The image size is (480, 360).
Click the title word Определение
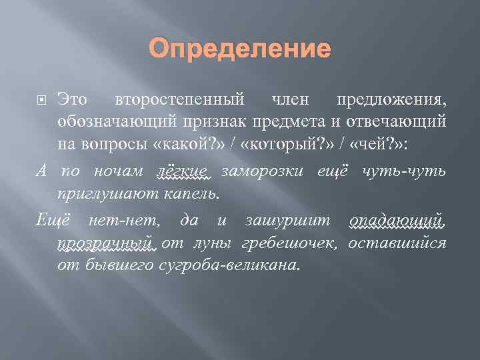(240, 48)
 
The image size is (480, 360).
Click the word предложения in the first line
(392, 101)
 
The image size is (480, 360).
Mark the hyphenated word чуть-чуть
(403, 171)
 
